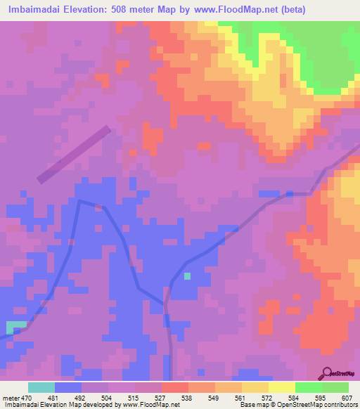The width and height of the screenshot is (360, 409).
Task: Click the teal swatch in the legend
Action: [x=41, y=387]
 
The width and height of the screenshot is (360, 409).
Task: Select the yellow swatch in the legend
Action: [x=281, y=387]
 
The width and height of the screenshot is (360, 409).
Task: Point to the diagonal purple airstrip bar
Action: [x=75, y=155]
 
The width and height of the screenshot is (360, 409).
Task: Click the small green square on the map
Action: [x=187, y=276]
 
